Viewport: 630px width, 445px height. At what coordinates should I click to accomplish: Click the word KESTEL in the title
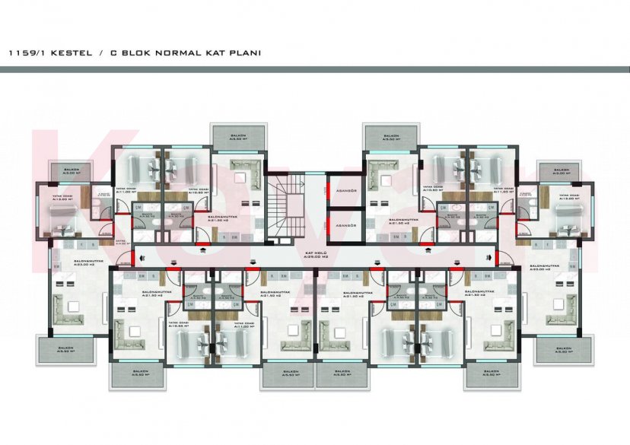[x=73, y=53]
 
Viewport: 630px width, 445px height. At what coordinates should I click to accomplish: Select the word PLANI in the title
[x=243, y=53]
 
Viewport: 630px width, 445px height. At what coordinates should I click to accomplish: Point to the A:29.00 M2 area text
[x=314, y=257]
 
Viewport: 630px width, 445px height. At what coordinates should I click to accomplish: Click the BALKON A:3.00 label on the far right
[x=561, y=172]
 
